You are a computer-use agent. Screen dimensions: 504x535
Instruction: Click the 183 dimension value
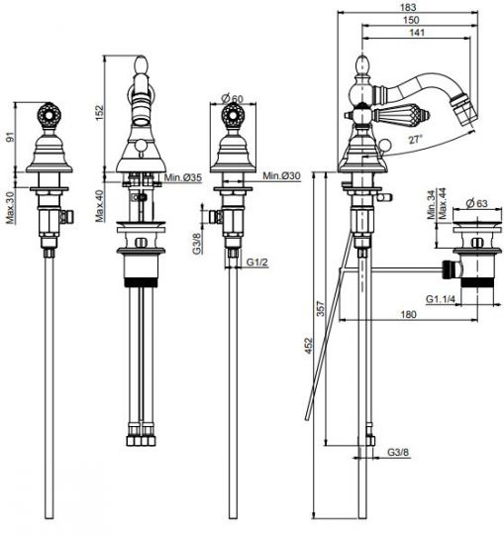click(409, 7)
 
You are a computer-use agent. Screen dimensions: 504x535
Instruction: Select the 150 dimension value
click(411, 20)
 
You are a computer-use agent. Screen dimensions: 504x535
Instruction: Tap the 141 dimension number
click(417, 33)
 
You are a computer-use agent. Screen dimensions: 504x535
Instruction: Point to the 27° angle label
click(415, 140)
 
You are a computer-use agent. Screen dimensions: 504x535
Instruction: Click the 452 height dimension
click(309, 346)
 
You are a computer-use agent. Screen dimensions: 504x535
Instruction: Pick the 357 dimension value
click(321, 308)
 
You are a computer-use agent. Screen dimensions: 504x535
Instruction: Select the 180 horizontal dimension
click(408, 314)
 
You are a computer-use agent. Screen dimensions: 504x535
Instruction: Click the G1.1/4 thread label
click(441, 299)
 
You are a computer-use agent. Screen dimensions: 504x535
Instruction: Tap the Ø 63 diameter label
click(476, 204)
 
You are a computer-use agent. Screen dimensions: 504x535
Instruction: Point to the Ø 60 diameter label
click(233, 98)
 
